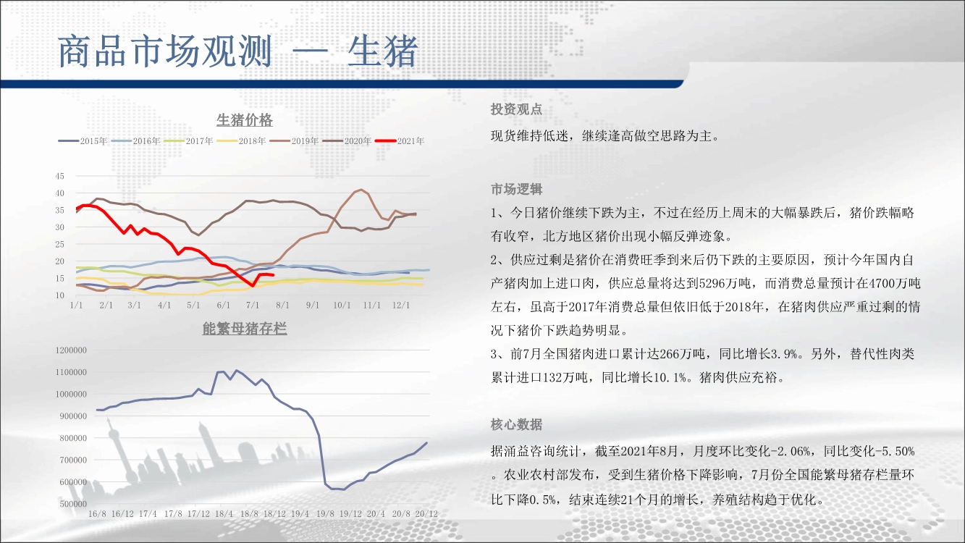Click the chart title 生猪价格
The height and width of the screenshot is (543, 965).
click(x=244, y=120)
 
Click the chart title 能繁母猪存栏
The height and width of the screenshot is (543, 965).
click(x=244, y=329)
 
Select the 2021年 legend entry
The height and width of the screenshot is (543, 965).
click(x=400, y=141)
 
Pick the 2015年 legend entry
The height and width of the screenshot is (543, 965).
click(x=83, y=141)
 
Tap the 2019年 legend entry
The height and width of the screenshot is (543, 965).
click(x=294, y=141)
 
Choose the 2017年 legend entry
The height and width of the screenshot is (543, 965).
click(x=189, y=141)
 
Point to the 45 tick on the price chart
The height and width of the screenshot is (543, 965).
click(x=59, y=176)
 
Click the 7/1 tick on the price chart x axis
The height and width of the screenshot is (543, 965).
click(x=253, y=305)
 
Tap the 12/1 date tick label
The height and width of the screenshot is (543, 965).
click(x=401, y=305)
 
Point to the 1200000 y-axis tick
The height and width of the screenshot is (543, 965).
click(x=71, y=350)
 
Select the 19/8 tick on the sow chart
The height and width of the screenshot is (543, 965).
click(x=325, y=514)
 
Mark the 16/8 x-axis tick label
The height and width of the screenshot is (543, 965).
click(x=97, y=514)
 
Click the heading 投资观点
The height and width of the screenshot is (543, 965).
click(x=516, y=109)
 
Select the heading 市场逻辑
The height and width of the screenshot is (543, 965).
click(x=516, y=189)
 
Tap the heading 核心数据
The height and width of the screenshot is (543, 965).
click(x=516, y=425)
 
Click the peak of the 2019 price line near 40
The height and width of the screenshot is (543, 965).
click(x=361, y=190)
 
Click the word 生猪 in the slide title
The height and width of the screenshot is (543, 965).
click(x=383, y=51)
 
